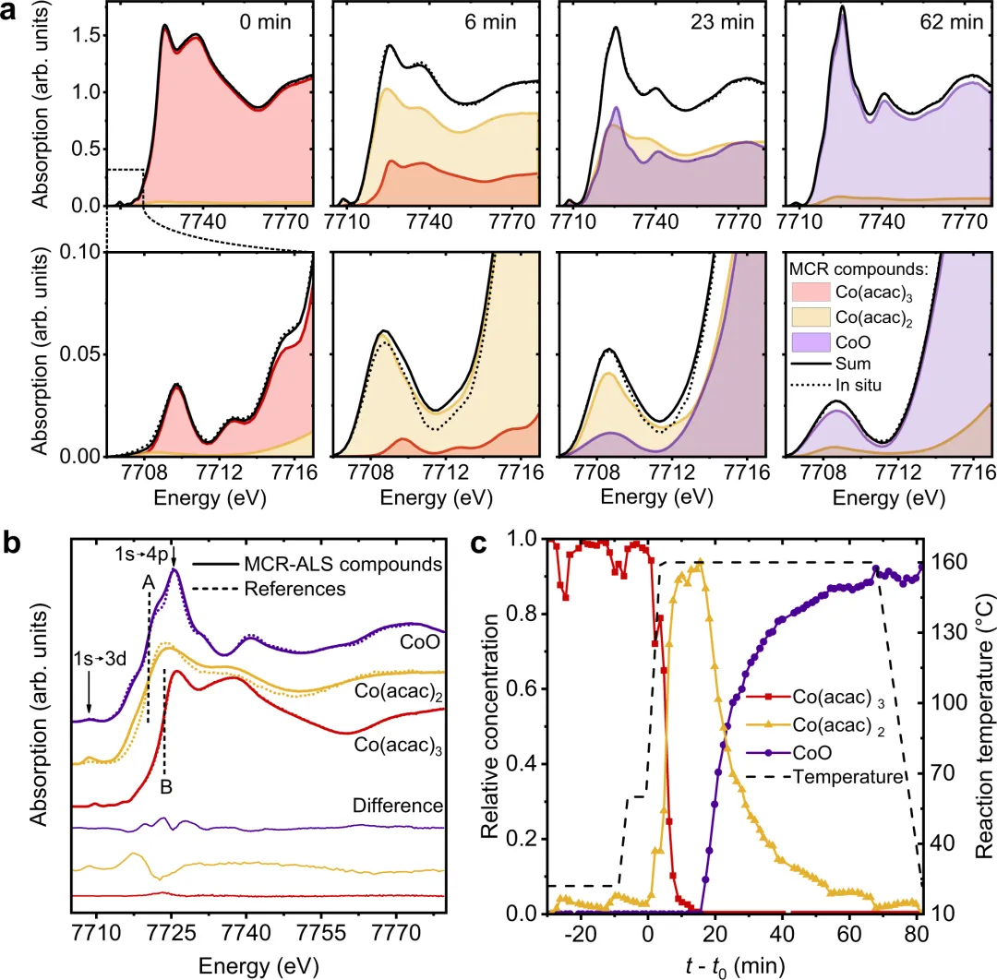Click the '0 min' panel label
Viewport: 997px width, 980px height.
point(265,22)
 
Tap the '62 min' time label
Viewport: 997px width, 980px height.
point(951,22)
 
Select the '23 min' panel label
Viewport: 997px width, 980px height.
point(722,22)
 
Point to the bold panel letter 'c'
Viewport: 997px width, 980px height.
point(478,544)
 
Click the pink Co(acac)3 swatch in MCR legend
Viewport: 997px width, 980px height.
point(811,292)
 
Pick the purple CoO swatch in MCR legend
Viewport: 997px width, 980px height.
point(811,342)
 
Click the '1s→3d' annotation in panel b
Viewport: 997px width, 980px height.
point(100,659)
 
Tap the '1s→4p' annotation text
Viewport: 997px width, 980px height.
point(141,555)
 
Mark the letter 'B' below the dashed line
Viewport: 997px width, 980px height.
point(166,787)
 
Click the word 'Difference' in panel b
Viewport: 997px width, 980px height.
point(397,806)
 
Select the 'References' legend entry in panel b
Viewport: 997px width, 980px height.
point(295,589)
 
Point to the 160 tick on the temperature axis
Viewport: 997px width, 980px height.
point(949,562)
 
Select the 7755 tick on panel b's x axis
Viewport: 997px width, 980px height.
point(322,933)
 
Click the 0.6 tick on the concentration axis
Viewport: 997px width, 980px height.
point(522,689)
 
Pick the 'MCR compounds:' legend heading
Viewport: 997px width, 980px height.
point(859,269)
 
